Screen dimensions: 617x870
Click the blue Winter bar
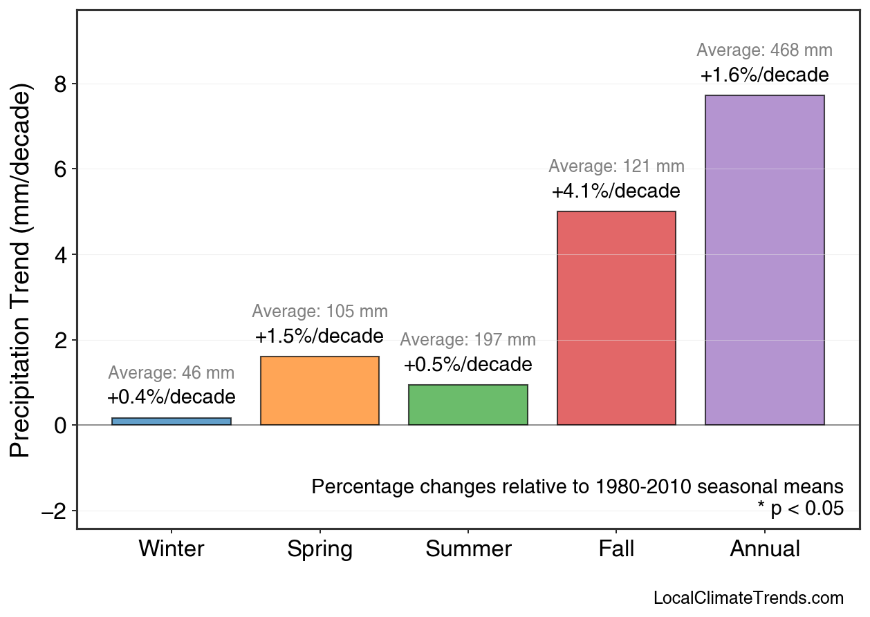click(172, 421)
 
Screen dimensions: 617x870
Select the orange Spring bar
click(320, 390)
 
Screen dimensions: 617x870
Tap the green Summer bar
click(468, 405)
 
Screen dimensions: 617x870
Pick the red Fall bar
click(616, 318)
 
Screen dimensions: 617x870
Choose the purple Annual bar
click(764, 260)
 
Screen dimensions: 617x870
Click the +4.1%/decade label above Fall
click(616, 191)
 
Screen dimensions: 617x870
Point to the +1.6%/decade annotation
click(764, 75)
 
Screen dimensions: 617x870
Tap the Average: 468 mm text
click(764, 50)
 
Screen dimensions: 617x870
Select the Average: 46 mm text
click(172, 373)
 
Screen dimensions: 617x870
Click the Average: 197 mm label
click(468, 340)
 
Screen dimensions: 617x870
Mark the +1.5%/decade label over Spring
click(320, 336)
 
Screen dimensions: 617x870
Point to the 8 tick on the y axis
click(61, 84)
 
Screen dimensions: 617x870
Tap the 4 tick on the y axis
click(61, 255)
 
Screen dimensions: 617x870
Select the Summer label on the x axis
click(468, 549)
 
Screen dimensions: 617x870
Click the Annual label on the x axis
click(764, 549)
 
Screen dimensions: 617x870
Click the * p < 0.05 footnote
click(800, 509)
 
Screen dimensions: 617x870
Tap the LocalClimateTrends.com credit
click(748, 598)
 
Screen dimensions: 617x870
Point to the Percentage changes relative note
click(577, 486)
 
